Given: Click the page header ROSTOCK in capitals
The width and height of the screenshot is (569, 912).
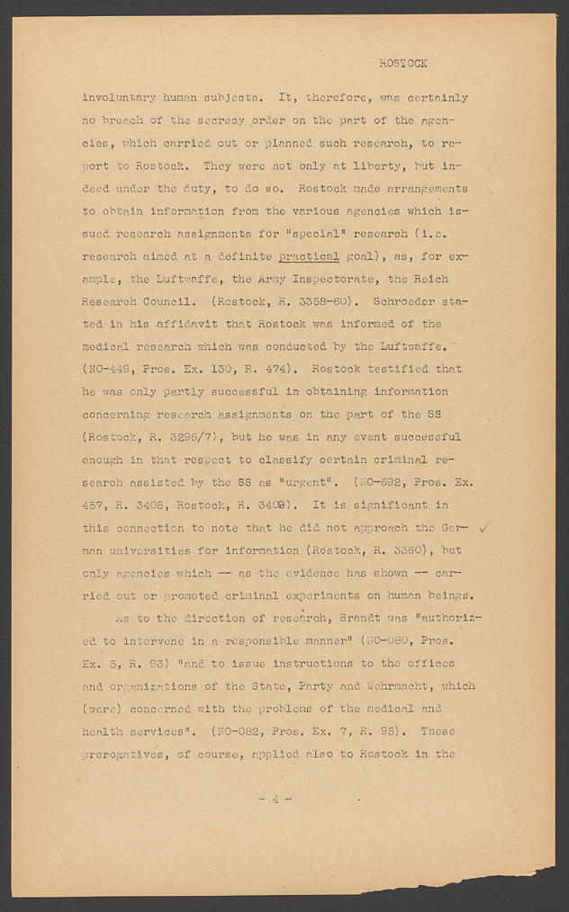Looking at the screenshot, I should point(402,64).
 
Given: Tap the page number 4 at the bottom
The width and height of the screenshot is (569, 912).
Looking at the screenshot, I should point(275,798).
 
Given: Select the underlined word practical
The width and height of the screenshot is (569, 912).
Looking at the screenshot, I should point(309,255).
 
